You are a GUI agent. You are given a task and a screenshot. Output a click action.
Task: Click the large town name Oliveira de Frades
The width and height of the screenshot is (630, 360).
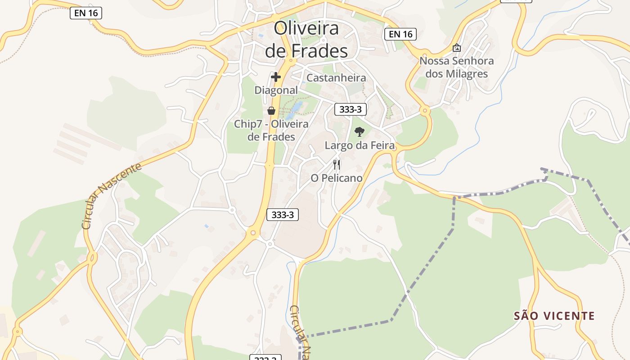tap(306, 40)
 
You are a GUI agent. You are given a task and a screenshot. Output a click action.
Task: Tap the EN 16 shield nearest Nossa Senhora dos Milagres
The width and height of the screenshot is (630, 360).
tap(400, 34)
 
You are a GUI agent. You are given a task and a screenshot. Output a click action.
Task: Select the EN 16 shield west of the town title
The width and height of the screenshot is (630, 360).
tap(86, 13)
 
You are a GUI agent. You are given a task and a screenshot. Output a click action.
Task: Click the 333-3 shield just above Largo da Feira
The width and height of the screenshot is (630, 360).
tap(351, 109)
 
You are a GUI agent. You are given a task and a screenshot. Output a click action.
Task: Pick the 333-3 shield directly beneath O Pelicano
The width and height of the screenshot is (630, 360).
tap(283, 215)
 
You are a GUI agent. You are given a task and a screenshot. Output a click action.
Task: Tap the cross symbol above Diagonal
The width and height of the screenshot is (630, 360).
tap(276, 77)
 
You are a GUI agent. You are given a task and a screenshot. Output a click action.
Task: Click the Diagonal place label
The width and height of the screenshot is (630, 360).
tap(276, 90)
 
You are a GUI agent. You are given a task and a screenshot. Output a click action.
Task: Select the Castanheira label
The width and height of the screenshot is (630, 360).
tap(336, 78)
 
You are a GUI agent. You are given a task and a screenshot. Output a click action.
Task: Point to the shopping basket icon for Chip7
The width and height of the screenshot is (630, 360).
tap(271, 111)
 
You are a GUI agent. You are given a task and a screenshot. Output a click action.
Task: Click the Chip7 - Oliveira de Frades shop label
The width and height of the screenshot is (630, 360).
tap(271, 130)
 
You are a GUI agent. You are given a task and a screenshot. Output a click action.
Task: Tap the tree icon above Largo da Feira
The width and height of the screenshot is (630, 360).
tap(359, 132)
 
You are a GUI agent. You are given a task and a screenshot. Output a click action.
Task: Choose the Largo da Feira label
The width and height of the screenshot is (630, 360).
tap(360, 145)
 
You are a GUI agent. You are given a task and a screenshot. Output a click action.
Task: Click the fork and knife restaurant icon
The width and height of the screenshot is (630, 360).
tap(337, 165)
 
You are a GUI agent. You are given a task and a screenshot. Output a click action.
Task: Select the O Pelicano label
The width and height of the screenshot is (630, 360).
tap(337, 178)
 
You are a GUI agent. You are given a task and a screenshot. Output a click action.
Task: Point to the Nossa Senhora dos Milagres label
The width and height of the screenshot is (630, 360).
tap(456, 67)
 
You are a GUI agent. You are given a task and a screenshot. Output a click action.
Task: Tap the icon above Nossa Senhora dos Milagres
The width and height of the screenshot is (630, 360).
tap(457, 47)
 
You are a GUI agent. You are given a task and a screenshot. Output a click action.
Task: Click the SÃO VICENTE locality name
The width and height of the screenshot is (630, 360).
tap(554, 316)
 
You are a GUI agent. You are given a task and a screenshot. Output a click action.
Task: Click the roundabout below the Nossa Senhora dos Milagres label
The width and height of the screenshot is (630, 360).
tap(425, 110)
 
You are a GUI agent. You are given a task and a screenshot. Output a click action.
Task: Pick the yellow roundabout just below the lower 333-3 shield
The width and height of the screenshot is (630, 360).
tap(253, 233)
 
